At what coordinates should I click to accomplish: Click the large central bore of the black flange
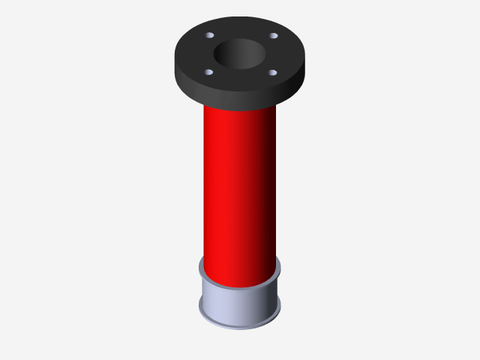239,54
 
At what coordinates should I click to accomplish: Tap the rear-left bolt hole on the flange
210,36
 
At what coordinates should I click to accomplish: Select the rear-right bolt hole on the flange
274,36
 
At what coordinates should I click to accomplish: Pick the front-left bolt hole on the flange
208,73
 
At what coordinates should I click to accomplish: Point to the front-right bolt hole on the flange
272,73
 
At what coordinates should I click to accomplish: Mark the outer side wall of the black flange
240,96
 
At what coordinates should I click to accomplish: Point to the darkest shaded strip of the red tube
270,187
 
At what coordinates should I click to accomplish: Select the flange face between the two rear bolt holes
241,28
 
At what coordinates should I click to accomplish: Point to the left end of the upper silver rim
200,266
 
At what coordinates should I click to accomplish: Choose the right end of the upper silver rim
279,266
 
